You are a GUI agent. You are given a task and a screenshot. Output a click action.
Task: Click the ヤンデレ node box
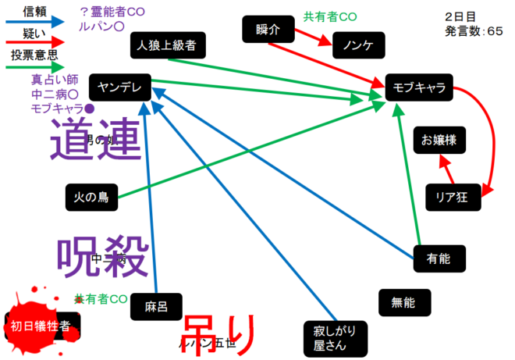[x=119, y=87]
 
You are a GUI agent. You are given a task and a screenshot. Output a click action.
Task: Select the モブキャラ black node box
[x=419, y=88]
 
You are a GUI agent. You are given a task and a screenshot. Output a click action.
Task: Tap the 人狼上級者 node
[x=168, y=45]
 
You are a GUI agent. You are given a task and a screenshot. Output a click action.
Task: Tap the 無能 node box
[x=403, y=301]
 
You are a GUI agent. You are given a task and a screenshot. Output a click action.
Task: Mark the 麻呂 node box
[x=155, y=305]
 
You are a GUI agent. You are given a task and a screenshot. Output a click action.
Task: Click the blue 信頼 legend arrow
[x=36, y=23]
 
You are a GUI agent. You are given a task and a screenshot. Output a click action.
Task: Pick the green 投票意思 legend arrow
[x=36, y=68]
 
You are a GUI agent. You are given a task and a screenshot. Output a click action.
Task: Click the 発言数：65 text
[x=474, y=32]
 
